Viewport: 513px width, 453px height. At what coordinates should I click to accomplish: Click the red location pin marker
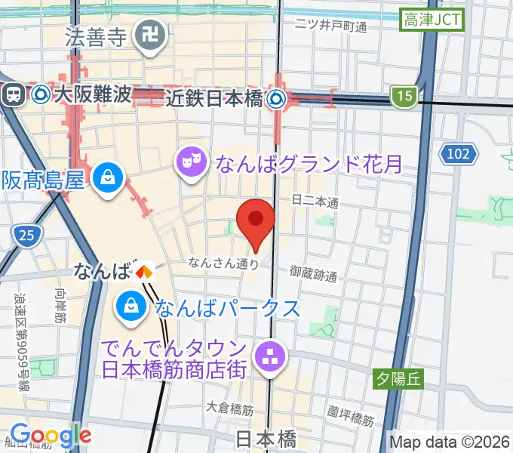(x=255, y=220)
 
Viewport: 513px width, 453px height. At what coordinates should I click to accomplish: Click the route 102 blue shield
(x=459, y=154)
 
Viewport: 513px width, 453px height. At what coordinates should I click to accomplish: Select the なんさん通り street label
(x=224, y=263)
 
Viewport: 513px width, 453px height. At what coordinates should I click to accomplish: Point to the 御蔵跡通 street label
(x=313, y=273)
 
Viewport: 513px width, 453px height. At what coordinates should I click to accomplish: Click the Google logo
(x=51, y=436)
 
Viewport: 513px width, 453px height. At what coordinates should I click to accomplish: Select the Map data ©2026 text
(x=450, y=440)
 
